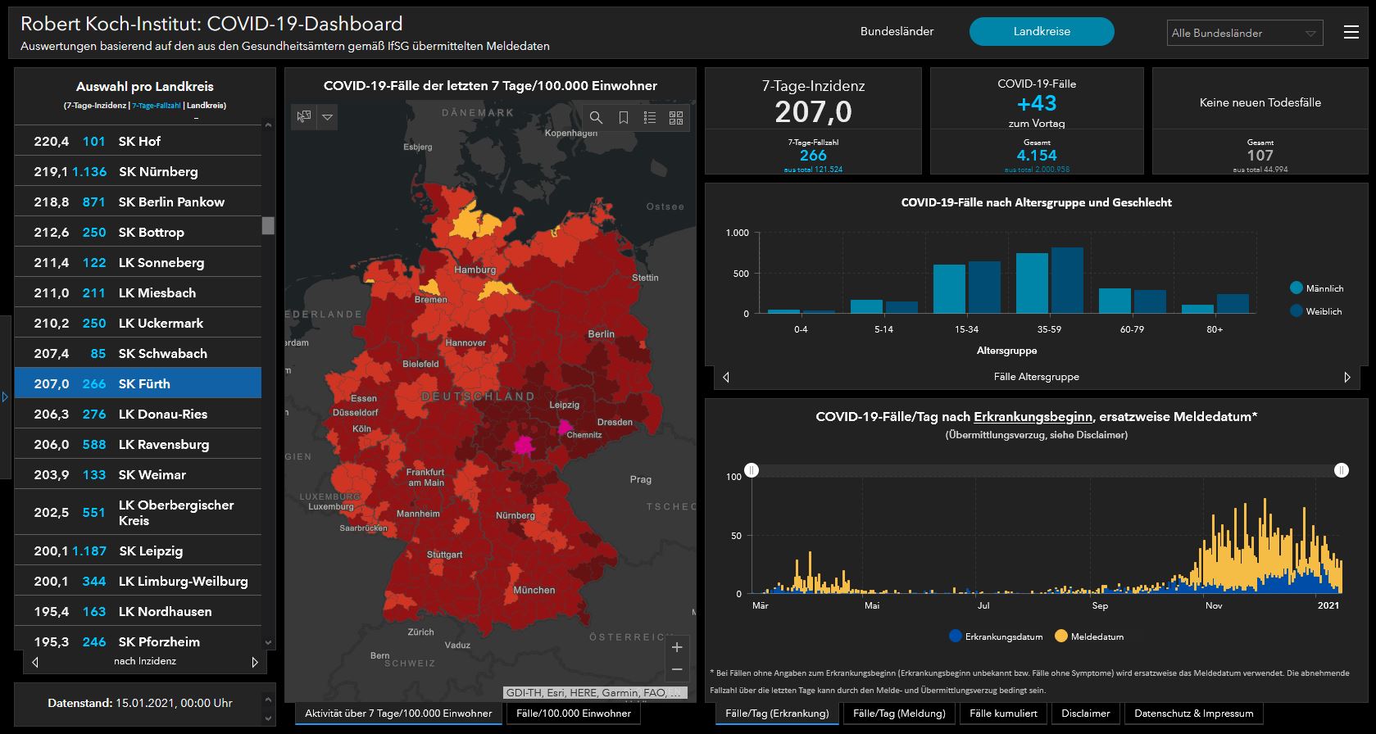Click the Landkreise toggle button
point(1041,32)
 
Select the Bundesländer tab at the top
point(897,32)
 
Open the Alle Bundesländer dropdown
point(1244,34)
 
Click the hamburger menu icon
point(1351,32)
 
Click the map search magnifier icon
point(596,118)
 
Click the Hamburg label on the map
point(475,270)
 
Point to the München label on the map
point(534,590)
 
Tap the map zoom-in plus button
point(677,647)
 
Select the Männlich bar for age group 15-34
point(949,288)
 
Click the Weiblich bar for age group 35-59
point(1067,280)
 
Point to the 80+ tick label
point(1215,329)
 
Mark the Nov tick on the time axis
point(1214,605)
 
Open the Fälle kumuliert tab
point(1003,714)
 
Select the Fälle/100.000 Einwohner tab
point(574,714)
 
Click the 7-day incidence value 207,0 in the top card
point(813,111)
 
